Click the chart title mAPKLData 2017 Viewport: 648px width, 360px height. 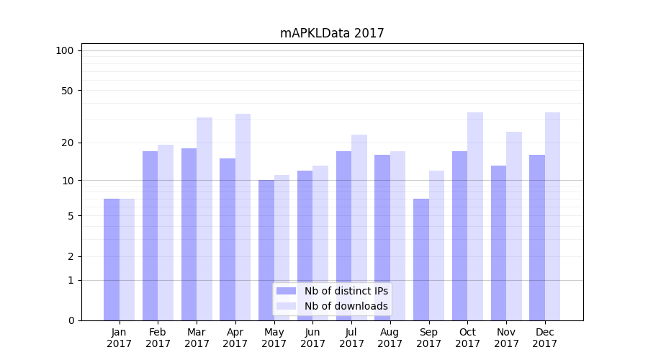click(x=332, y=33)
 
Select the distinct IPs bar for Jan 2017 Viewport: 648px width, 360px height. click(x=112, y=259)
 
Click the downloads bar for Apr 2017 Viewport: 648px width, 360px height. click(x=243, y=217)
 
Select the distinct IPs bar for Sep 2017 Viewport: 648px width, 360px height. click(x=421, y=259)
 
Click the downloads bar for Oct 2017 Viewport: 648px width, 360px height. click(x=475, y=216)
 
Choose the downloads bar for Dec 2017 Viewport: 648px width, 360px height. click(x=552, y=216)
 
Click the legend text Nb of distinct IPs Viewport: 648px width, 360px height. click(x=346, y=291)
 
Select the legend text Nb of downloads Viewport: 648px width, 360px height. click(x=346, y=306)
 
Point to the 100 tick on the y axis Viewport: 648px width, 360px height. click(x=65, y=50)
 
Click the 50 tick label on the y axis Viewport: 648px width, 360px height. click(x=68, y=91)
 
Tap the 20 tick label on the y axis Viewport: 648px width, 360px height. click(x=68, y=143)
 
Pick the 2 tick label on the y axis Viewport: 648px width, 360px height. click(x=71, y=256)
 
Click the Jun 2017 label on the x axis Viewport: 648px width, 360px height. click(x=312, y=338)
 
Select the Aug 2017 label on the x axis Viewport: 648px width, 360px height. click(x=390, y=338)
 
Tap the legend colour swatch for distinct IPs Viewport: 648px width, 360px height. click(x=286, y=291)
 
